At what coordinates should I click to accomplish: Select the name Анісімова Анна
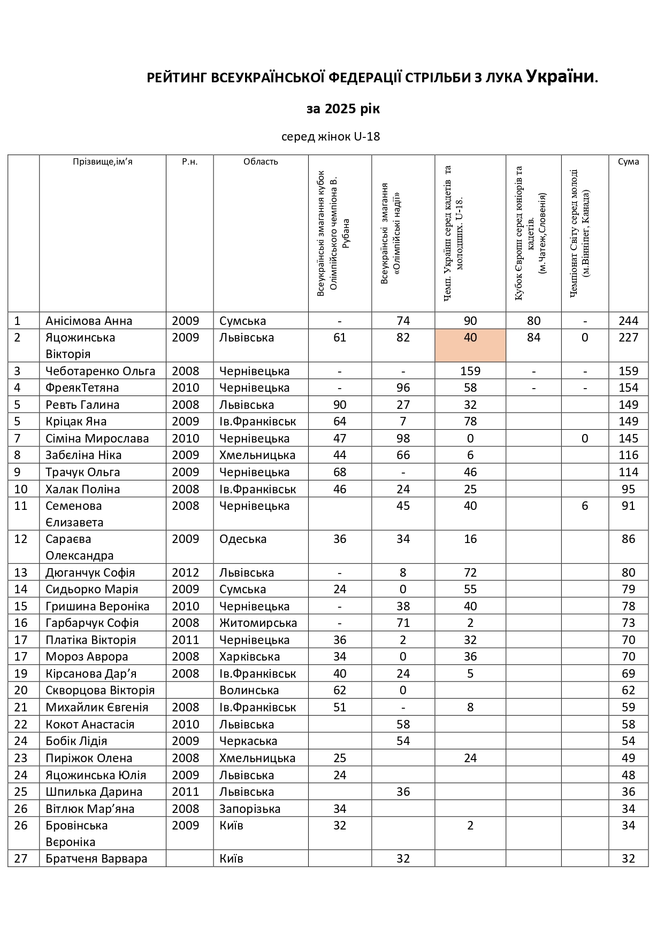pos(89,321)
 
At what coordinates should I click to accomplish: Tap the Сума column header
pos(628,162)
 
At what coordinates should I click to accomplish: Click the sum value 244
pos(628,321)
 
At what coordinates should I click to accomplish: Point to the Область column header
pos(261,162)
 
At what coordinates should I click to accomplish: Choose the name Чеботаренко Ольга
pos(100,371)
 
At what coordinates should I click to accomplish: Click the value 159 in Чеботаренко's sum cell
pos(628,371)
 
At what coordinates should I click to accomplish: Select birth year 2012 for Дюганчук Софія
pos(185,573)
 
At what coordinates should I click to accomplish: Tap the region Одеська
pos(243,539)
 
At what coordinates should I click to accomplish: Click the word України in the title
pos(560,76)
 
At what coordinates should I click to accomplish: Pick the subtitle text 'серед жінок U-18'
pos(331,137)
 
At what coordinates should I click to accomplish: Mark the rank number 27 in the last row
pos(20,859)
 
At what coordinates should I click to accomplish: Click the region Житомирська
pos(258,623)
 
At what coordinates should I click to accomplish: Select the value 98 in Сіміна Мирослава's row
pos(403,439)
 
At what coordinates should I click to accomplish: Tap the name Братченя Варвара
pos(96,859)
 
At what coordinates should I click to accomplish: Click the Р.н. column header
pos(189,162)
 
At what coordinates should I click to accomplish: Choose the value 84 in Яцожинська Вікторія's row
pos(533,338)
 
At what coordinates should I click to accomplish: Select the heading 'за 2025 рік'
pos(343,109)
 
